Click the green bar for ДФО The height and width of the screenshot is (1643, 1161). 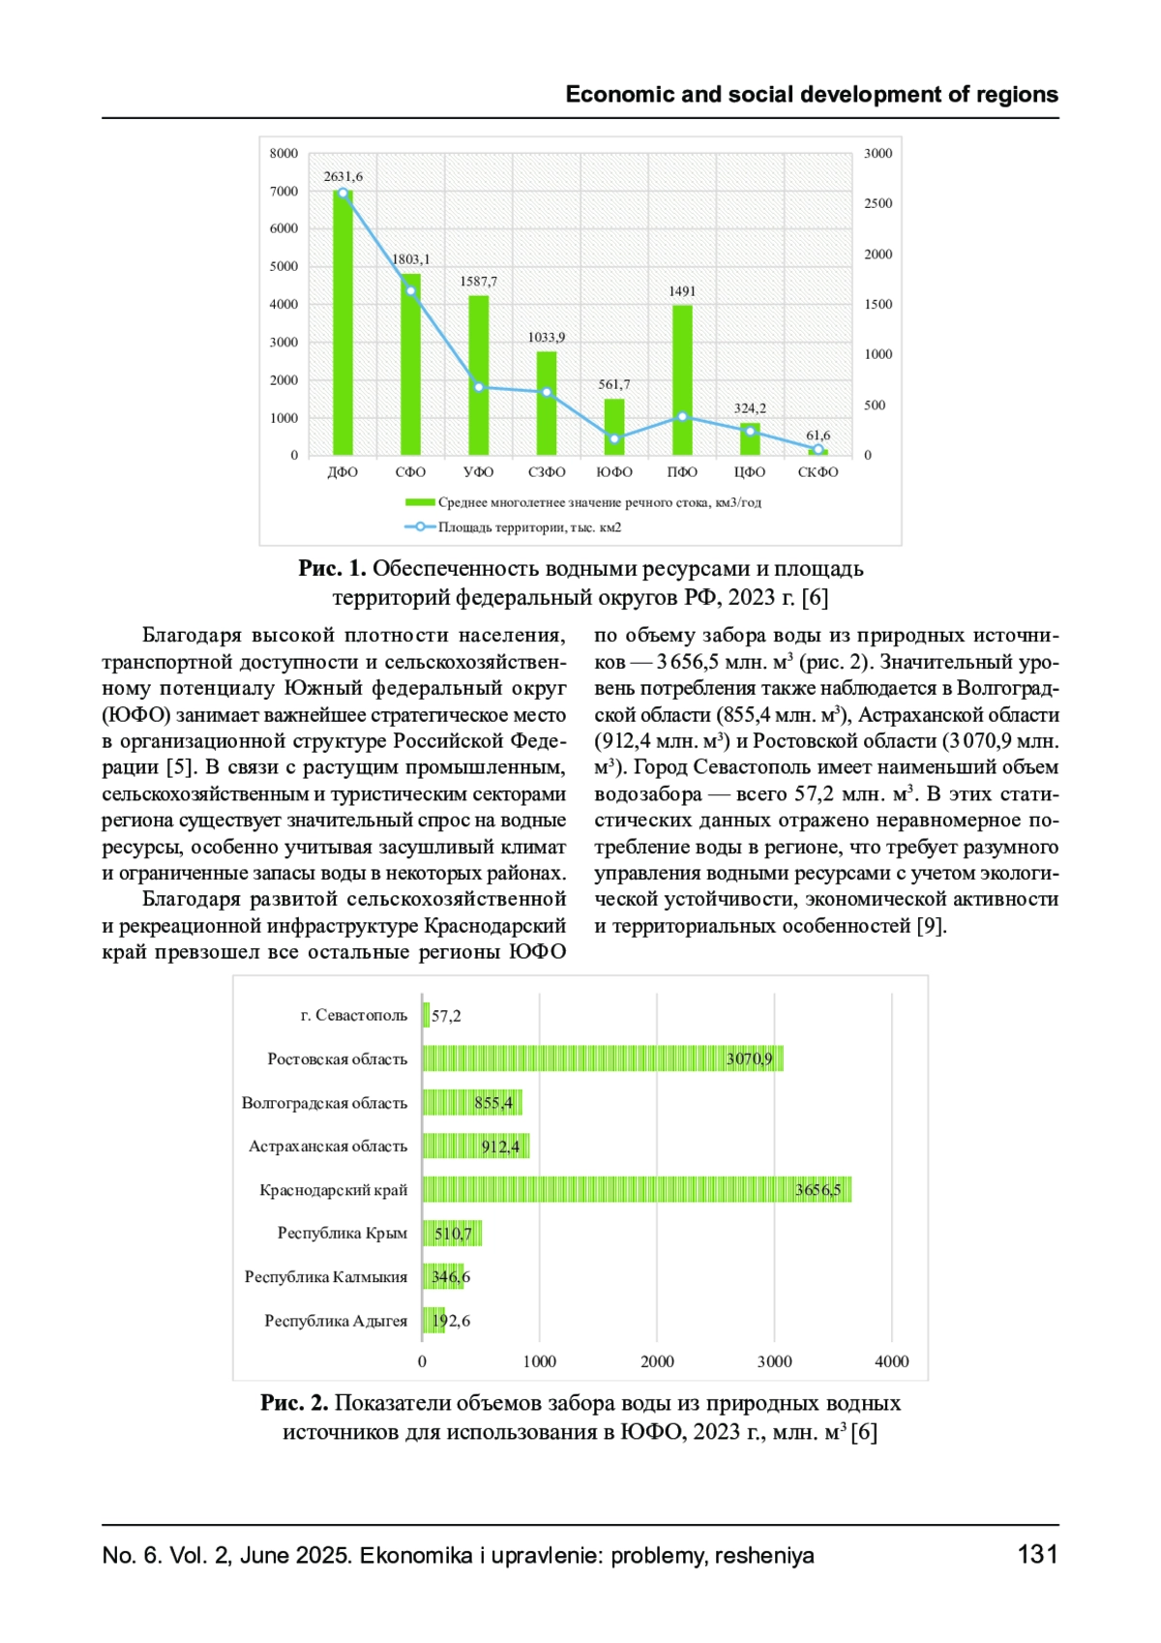(342, 324)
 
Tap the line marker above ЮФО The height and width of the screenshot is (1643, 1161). (614, 438)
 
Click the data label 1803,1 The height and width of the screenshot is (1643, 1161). (411, 259)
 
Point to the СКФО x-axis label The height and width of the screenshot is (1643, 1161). (818, 472)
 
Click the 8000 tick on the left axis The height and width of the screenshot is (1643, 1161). (283, 153)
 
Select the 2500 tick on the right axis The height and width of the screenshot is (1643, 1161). (878, 203)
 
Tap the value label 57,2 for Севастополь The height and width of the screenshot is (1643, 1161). (446, 1016)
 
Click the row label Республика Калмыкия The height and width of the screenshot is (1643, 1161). (326, 1277)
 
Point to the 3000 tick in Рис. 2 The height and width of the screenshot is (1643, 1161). (774, 1361)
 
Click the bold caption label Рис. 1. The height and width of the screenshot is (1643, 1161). (332, 569)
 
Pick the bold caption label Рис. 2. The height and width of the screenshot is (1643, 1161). (294, 1403)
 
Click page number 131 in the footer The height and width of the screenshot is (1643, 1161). (1037, 1555)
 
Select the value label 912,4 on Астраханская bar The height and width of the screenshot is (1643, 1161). (500, 1147)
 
